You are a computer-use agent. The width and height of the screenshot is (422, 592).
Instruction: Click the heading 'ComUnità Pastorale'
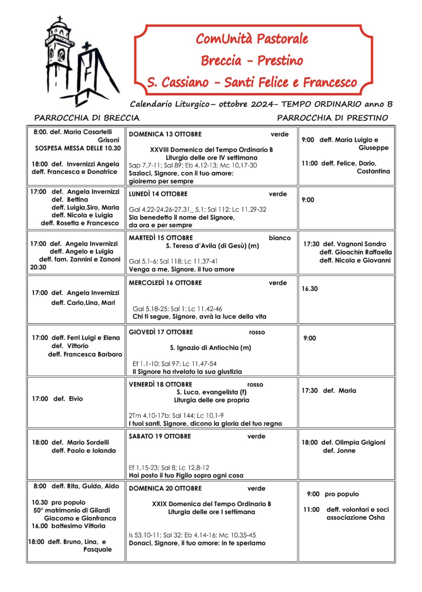[252, 39]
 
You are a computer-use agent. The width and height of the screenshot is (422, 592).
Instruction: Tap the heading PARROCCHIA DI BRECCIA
[87, 118]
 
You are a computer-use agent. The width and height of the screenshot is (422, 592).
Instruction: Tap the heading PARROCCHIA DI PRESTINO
[332, 118]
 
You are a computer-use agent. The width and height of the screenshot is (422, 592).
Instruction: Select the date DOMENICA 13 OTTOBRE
[165, 134]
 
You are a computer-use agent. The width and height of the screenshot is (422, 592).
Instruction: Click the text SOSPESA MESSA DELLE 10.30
[78, 148]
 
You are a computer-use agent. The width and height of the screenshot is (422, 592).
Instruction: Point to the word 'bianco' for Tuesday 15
[280, 238]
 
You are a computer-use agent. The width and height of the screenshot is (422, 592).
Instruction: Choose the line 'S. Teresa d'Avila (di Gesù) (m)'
[212, 246]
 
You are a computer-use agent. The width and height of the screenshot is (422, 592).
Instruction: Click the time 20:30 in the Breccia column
[38, 267]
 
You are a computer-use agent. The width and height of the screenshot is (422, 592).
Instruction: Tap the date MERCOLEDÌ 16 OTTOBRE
[165, 283]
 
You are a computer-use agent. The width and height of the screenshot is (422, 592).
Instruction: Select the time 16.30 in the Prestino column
[309, 289]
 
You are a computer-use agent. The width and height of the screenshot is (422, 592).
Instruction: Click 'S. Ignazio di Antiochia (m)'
[210, 348]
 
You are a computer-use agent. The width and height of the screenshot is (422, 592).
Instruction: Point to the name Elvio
[76, 399]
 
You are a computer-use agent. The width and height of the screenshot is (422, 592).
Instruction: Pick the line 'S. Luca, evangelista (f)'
[211, 392]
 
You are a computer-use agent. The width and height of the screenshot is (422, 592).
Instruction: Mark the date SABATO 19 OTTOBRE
[160, 437]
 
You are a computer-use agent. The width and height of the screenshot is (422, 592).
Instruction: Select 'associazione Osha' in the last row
[355, 518]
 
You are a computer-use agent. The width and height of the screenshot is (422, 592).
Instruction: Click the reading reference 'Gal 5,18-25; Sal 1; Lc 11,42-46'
[177, 309]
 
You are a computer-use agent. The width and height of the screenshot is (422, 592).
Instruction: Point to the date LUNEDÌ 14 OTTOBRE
[158, 194]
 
